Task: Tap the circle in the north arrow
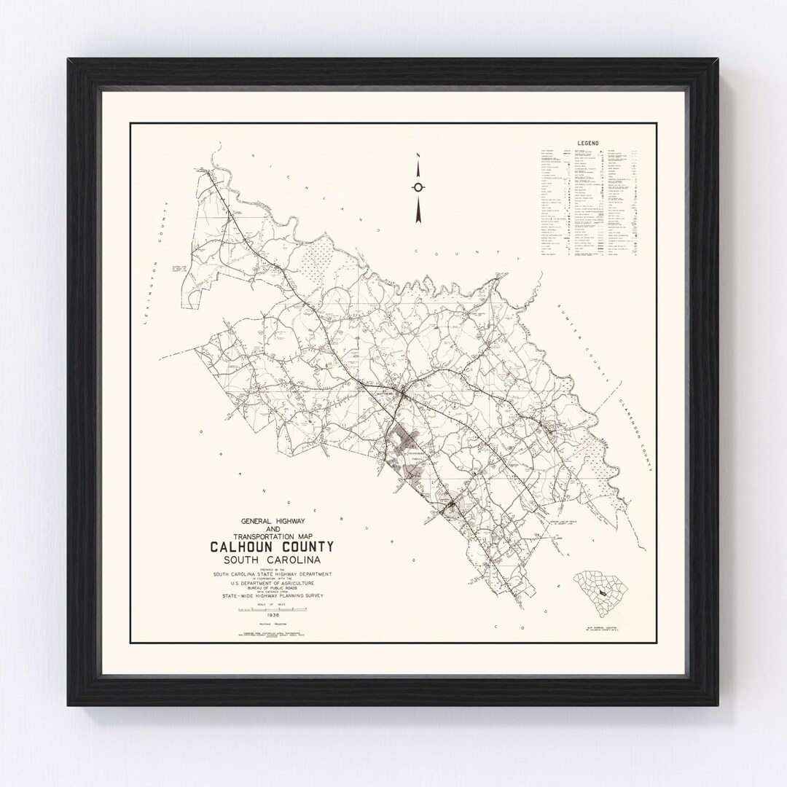[418, 187]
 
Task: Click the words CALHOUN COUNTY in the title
[272, 547]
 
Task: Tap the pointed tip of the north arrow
[418, 154]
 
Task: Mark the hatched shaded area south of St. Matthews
[400, 445]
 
